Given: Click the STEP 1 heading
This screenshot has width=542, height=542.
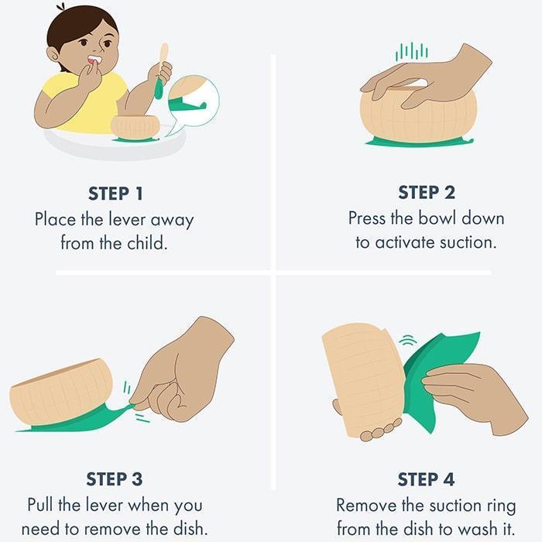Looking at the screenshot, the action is click(x=115, y=194).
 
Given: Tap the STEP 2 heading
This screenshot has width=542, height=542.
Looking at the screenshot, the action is click(x=426, y=192).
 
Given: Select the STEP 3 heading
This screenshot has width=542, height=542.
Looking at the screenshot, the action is click(x=114, y=479).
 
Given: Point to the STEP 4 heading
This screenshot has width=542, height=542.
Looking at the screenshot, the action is click(x=426, y=479).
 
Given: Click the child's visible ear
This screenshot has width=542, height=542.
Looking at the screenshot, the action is click(x=53, y=55).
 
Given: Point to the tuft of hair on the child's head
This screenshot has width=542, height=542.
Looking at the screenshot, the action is click(x=61, y=7).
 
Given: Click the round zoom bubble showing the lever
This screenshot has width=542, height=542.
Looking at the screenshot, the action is click(x=194, y=101).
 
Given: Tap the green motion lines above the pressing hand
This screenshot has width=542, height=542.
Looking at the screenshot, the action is click(x=412, y=52).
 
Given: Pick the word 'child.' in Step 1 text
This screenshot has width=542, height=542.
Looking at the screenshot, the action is click(x=147, y=243).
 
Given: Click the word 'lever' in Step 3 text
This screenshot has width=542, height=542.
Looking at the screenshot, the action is click(x=107, y=505).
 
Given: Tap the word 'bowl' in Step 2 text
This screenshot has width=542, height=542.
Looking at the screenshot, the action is click(x=437, y=218).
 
